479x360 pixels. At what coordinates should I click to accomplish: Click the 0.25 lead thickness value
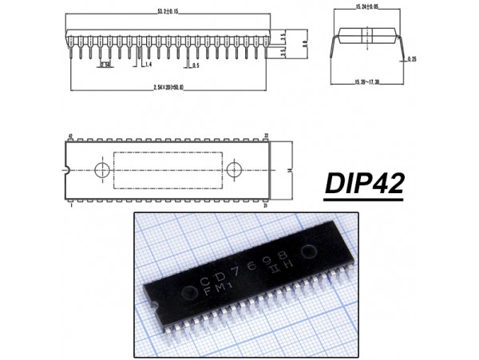pos(411,59)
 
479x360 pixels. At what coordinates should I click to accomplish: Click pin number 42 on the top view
pos(71,136)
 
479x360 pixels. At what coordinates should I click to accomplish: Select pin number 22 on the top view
pos(266,136)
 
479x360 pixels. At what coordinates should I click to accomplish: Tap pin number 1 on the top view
pos(71,205)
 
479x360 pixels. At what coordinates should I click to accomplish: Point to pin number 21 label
pos(266,205)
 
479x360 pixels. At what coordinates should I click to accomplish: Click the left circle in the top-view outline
pos(102,170)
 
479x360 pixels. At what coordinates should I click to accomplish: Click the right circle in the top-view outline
pos(234,170)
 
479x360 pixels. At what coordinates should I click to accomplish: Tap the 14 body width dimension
pos(290,171)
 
